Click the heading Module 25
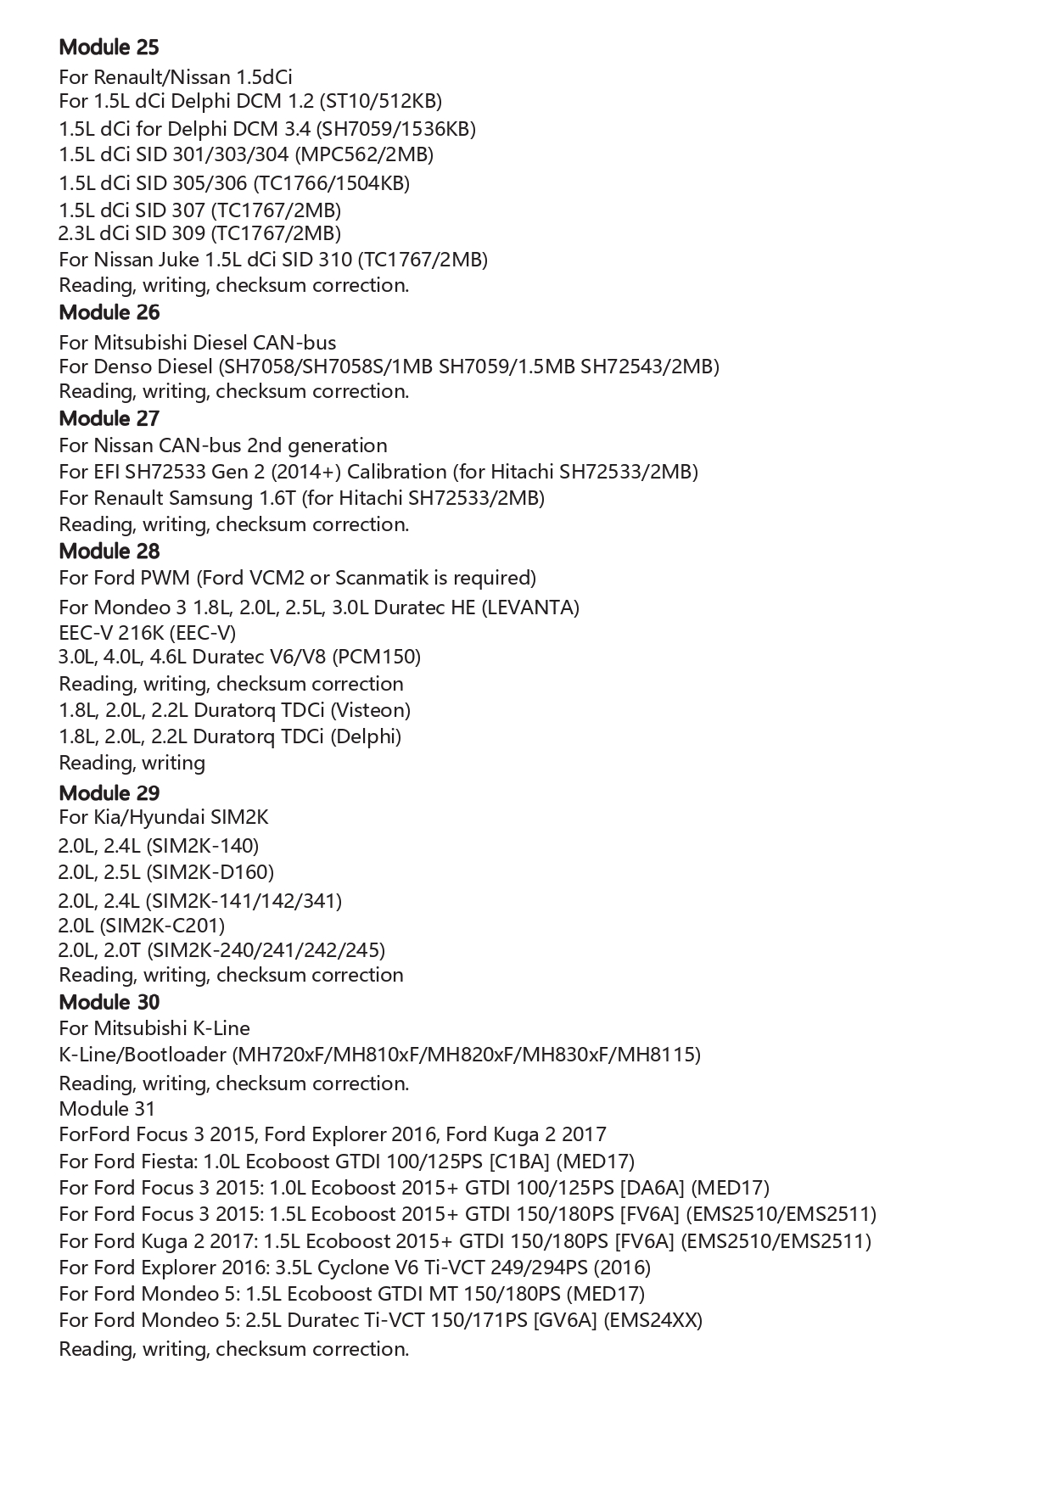click(109, 48)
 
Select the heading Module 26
click(109, 312)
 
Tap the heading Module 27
click(109, 418)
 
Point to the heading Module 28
click(109, 551)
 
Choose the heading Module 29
click(109, 793)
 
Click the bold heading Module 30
click(109, 1002)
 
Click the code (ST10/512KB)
click(380, 102)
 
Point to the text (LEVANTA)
click(530, 607)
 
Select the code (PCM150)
click(376, 657)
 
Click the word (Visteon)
click(370, 710)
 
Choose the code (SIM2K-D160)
click(210, 872)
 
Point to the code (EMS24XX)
click(653, 1320)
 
